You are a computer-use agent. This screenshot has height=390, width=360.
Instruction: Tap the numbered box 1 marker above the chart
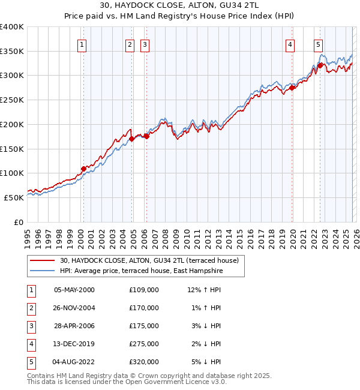(x=82, y=44)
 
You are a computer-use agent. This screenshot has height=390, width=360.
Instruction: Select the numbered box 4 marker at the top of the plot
(x=290, y=44)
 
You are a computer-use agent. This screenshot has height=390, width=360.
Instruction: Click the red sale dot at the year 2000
(x=83, y=169)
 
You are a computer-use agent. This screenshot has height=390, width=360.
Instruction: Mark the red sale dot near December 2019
(x=292, y=88)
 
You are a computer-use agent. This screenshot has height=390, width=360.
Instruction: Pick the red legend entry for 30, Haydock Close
(x=149, y=260)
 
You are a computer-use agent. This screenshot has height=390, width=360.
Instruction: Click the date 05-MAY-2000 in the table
(x=74, y=290)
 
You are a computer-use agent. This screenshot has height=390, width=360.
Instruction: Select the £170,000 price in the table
(x=144, y=308)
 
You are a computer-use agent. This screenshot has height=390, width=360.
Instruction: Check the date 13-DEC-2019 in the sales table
(x=74, y=344)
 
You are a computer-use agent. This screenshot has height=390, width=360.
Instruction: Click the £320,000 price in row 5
(x=144, y=362)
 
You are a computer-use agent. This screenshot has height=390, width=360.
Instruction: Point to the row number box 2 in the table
(x=30, y=308)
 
